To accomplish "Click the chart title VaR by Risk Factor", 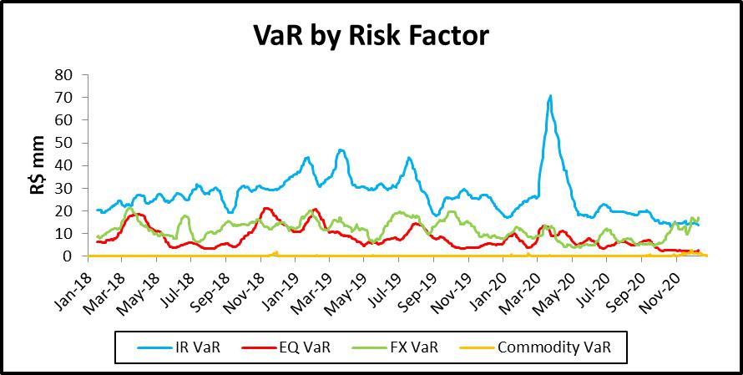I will tap(371, 37).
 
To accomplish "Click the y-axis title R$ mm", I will tap(34, 165).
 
